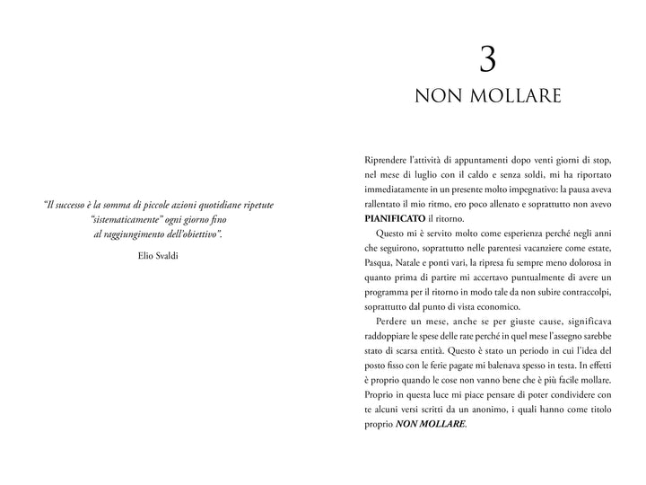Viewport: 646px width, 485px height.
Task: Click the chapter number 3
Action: click(487, 59)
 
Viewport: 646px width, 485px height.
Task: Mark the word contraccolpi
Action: click(584, 292)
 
